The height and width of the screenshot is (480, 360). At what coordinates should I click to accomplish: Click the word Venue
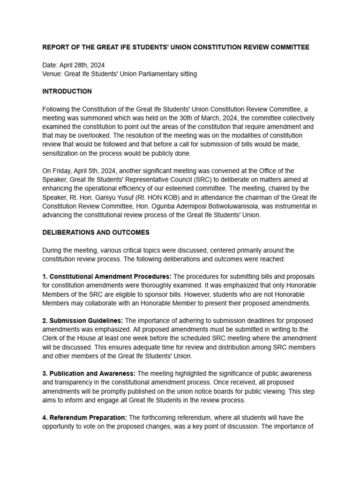(52, 74)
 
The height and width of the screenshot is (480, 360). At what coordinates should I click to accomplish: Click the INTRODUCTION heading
(67, 91)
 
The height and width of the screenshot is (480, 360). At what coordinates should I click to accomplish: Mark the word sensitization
(61, 153)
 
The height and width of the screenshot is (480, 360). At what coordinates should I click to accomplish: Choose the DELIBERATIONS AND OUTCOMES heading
(96, 232)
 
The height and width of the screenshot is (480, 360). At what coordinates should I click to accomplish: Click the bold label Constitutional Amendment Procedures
(111, 277)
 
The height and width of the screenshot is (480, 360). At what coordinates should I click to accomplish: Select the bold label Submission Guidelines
(82, 321)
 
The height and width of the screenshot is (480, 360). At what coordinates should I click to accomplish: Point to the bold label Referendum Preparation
(85, 417)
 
